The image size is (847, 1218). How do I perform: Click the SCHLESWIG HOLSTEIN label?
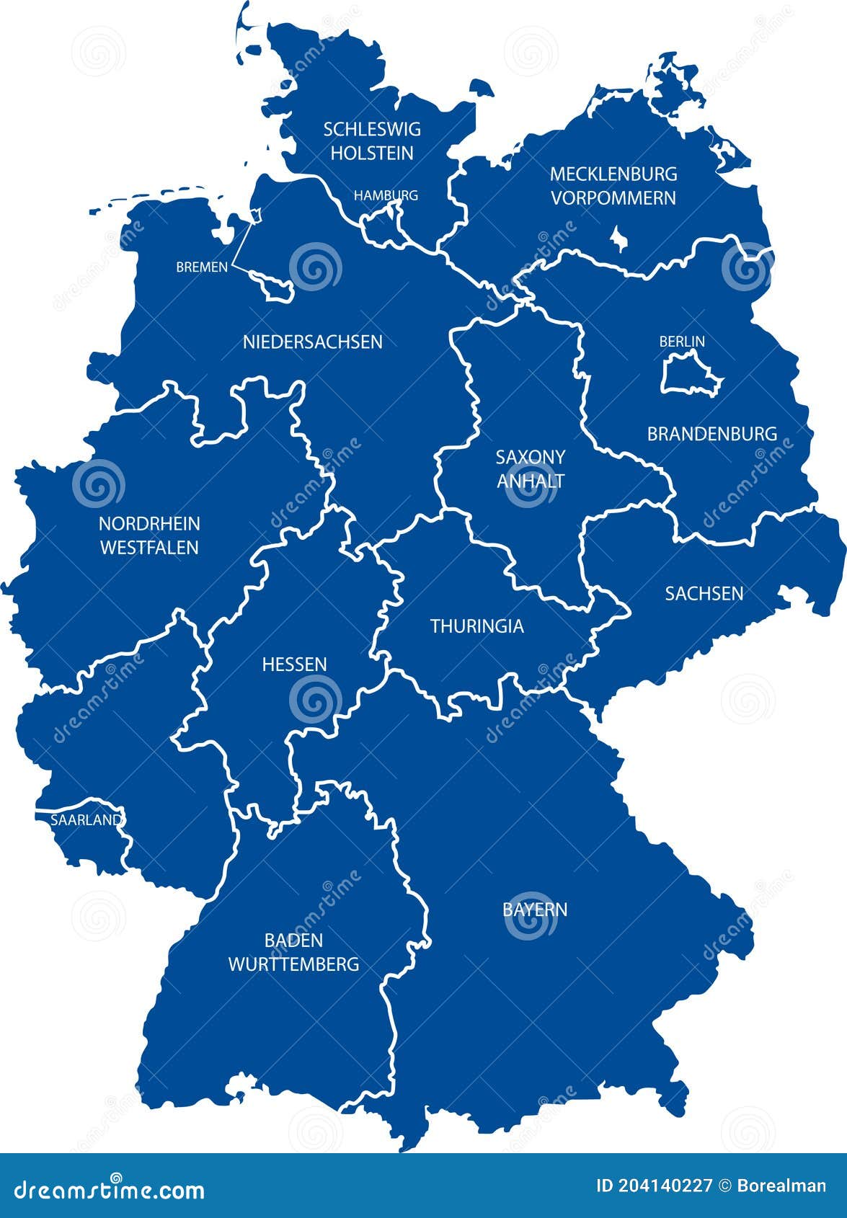(x=371, y=141)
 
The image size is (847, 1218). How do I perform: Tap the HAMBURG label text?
(x=386, y=195)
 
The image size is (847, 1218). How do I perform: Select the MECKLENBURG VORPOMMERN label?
(x=613, y=186)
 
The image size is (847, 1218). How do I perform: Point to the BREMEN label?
(x=202, y=267)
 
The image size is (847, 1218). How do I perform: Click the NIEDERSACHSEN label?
(x=312, y=342)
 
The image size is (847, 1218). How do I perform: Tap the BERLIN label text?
(x=682, y=342)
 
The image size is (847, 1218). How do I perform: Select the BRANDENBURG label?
(x=711, y=434)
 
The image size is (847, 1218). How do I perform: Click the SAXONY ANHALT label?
(x=531, y=468)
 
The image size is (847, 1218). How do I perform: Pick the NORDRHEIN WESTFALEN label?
(x=149, y=535)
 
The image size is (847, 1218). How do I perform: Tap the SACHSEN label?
(x=704, y=593)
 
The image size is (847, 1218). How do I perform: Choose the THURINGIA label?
(x=476, y=626)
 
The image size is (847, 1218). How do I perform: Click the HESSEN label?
(x=294, y=664)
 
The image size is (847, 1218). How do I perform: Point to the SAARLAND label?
(x=86, y=820)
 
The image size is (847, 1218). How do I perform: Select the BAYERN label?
(x=535, y=910)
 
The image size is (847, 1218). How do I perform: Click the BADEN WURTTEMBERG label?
(x=293, y=952)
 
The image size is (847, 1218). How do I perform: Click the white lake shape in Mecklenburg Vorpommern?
(x=617, y=238)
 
